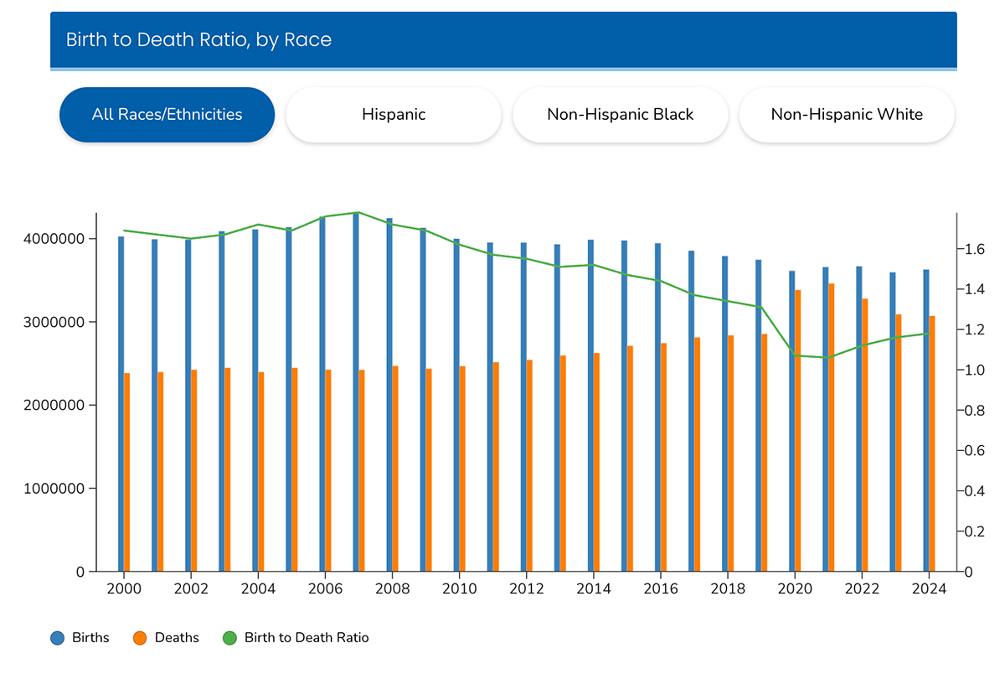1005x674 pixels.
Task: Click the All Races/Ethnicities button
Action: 167,115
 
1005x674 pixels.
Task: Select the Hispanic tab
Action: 393,115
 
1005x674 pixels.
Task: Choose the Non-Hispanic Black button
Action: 620,115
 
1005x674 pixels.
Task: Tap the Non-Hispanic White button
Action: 847,115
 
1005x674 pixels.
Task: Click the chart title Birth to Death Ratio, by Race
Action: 198,39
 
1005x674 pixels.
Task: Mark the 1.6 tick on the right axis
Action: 973,250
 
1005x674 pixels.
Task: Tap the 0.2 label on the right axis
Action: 973,531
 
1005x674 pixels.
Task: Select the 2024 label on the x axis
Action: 928,589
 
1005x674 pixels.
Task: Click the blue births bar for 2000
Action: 121,402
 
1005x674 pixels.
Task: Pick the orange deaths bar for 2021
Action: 831,428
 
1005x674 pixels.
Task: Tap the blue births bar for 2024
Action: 925,419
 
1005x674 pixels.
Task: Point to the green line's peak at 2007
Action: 358,212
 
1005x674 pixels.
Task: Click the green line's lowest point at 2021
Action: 827,358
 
